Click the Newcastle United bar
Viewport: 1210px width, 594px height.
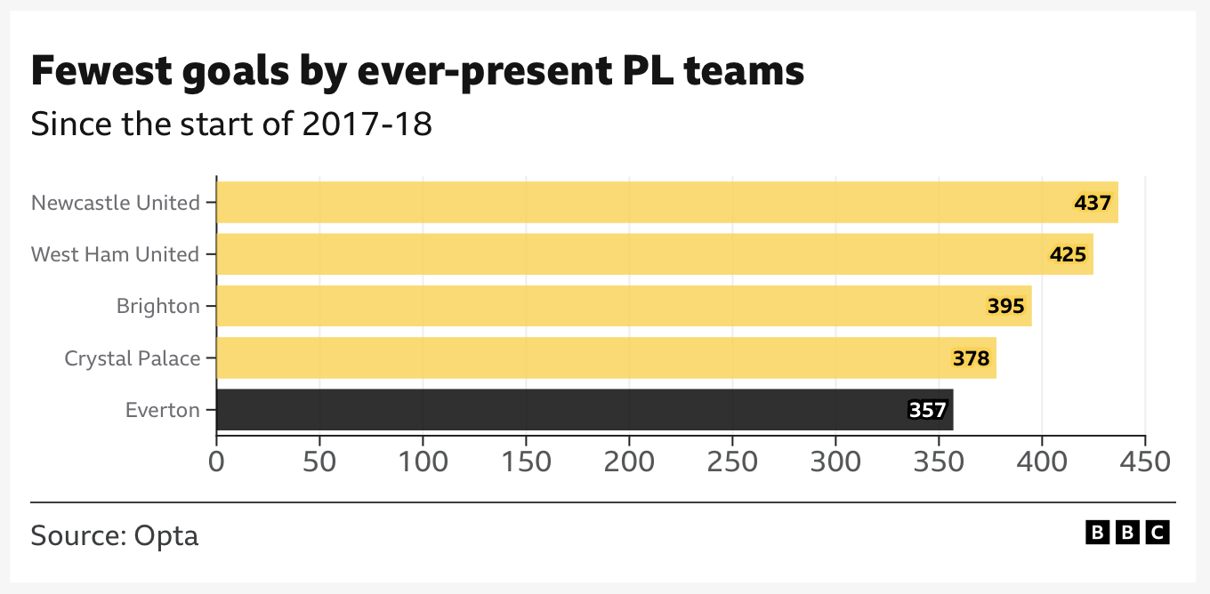(x=623, y=203)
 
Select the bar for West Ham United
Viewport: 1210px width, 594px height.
(x=623, y=254)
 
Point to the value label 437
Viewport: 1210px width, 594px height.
(x=1093, y=203)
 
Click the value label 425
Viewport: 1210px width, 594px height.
(x=1068, y=255)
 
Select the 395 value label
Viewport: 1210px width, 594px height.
(x=1006, y=307)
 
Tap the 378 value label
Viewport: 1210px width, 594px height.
(x=971, y=358)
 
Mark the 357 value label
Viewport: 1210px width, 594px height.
(x=927, y=410)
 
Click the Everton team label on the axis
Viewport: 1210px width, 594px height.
(x=163, y=410)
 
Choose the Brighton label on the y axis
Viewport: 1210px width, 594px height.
(x=158, y=307)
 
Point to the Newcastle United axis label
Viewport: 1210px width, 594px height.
(x=116, y=203)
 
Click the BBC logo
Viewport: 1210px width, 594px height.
(x=1127, y=533)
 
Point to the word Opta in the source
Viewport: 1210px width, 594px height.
(x=165, y=536)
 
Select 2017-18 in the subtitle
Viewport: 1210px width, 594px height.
(x=367, y=124)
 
